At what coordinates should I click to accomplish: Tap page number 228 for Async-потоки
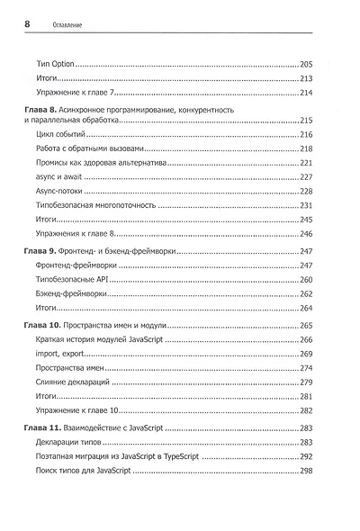(x=305, y=191)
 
